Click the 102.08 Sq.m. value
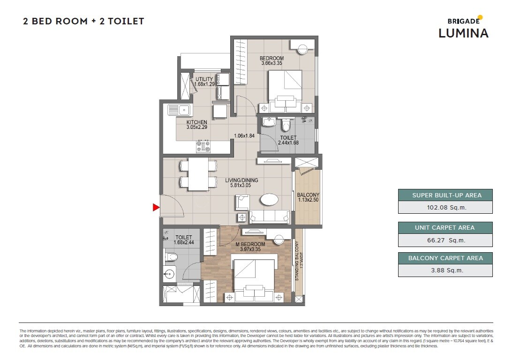pos(445,207)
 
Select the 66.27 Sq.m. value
pos(445,240)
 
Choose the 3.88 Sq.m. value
pos(445,270)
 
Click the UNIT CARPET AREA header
pos(445,228)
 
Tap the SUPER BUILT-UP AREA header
pos(445,195)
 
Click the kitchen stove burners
pos(203,146)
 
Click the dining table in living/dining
pos(198,174)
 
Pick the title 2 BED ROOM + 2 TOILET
pos(83,21)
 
